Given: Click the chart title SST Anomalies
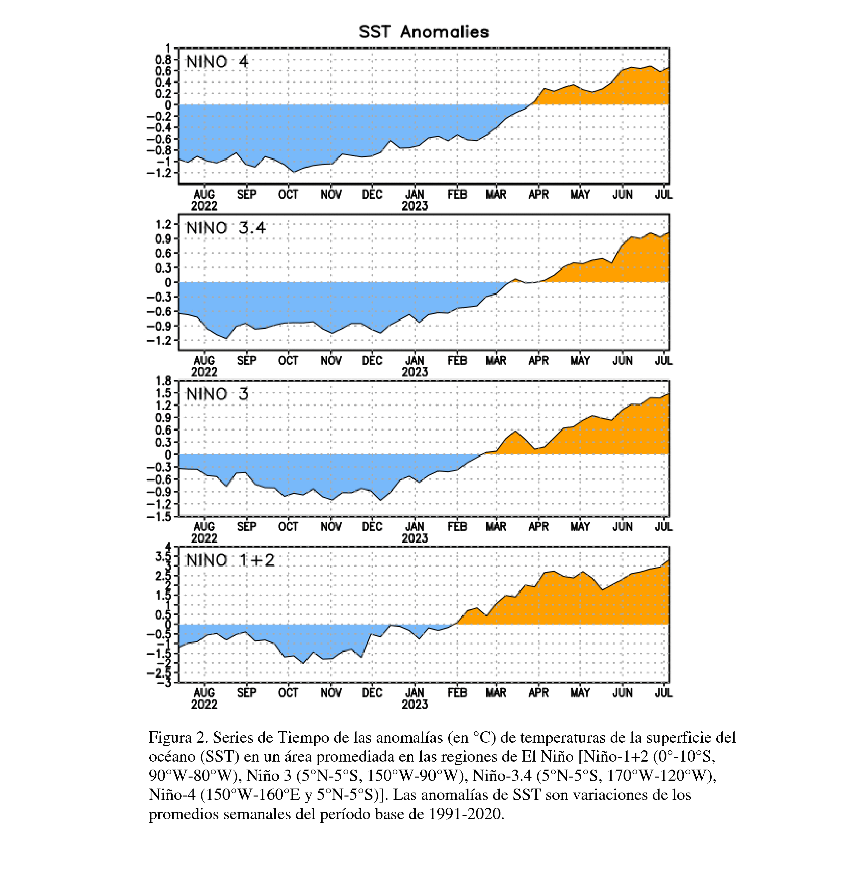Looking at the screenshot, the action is click(x=424, y=32).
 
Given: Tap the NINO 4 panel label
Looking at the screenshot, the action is click(x=217, y=62).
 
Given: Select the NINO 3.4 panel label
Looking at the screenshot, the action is click(x=226, y=228).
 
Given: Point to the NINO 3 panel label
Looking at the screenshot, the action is click(x=217, y=394).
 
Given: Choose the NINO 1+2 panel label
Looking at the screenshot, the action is click(x=230, y=560).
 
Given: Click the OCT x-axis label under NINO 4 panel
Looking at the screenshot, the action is click(x=288, y=195).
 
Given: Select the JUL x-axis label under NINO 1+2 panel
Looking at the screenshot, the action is click(x=663, y=693).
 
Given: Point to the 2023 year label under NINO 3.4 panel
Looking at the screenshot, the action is click(x=415, y=372).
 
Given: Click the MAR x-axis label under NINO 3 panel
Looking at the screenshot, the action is click(x=496, y=527).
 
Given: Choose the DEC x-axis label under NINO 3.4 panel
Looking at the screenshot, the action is click(x=372, y=361).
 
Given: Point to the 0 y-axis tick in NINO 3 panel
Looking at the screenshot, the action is click(x=168, y=455).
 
